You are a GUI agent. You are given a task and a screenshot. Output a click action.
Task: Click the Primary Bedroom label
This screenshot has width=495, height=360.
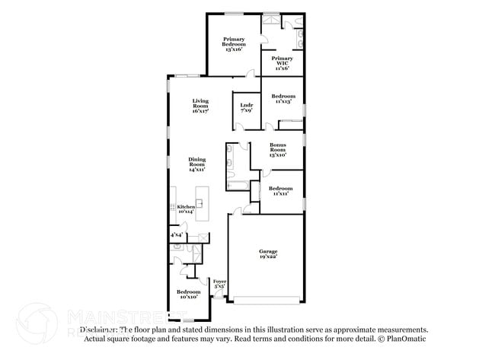pos(234,41)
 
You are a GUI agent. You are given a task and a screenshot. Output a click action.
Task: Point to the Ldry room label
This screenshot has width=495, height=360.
pos(245,105)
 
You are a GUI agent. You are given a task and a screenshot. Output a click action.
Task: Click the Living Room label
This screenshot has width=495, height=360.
pos(200,101)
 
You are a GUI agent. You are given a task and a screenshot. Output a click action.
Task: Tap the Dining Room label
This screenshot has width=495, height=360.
pos(197,161)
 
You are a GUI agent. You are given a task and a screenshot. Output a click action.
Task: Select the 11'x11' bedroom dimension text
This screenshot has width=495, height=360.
pos(281,193)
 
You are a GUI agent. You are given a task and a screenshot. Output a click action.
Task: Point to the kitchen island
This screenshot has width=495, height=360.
pos(203,204)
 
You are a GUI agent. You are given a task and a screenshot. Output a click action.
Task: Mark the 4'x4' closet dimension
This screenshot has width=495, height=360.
pos(176,236)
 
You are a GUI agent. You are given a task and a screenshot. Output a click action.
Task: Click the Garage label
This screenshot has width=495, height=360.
pos(267,251)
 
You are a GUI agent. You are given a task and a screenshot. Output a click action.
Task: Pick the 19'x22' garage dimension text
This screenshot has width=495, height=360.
pos(267,257)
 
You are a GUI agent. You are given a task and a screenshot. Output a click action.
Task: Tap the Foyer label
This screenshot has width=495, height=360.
pos(219,282)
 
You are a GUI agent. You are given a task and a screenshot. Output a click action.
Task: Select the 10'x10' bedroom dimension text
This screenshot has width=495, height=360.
pos(188,297)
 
